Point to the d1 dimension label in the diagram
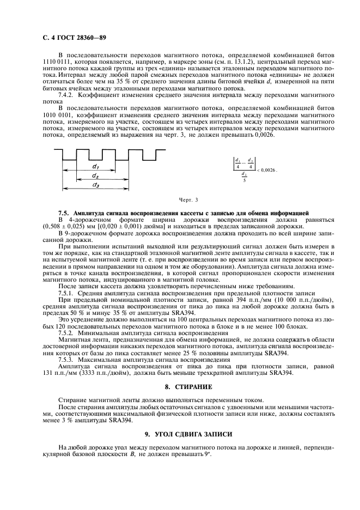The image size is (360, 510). [95, 165]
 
